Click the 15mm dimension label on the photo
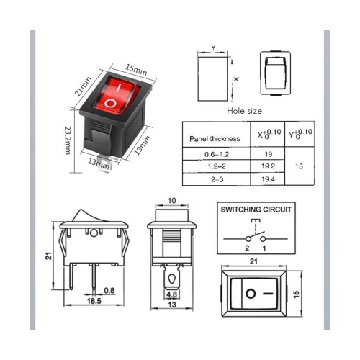[136, 70]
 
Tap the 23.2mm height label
[68, 140]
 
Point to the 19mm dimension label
[142, 145]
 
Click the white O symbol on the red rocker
[110, 104]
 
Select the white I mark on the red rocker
[119, 88]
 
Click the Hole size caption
[244, 111]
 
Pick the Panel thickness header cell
[215, 139]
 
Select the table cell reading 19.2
[268, 166]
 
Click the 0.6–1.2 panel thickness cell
[217, 154]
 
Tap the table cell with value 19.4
[268, 179]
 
